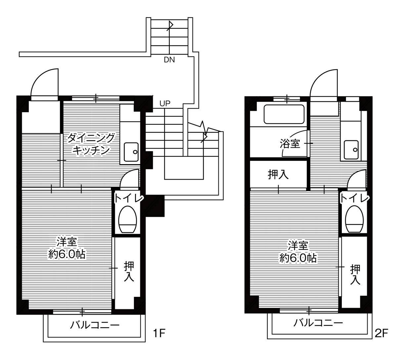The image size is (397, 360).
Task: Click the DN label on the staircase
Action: tap(169, 60)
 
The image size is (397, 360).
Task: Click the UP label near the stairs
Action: tap(165, 103)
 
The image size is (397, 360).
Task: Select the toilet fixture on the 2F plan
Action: tap(354, 219)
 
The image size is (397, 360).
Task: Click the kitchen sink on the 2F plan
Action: tap(351, 150)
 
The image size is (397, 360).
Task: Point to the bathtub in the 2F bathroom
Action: tap(284, 114)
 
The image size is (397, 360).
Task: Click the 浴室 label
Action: tap(290, 144)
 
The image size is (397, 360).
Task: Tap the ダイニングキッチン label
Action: tap(91, 144)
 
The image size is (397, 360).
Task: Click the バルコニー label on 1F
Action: tap(95, 325)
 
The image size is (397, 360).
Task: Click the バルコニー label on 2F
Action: tap(318, 323)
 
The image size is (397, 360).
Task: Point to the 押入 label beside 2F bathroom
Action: tap(278, 175)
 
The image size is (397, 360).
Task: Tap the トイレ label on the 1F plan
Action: tap(129, 198)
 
